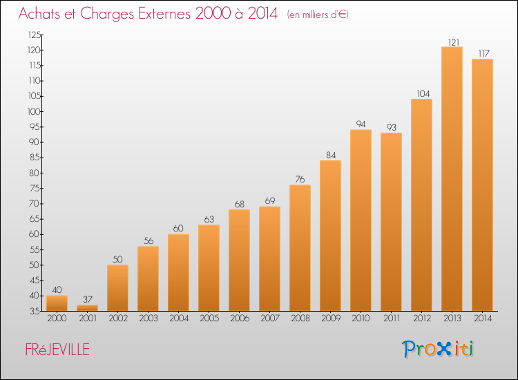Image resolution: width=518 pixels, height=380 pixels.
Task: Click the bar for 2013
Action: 452,179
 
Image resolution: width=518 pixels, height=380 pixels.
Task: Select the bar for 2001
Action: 87,307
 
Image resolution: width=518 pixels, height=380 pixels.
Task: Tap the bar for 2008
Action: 300,248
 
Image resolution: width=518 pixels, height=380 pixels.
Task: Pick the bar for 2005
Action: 209,267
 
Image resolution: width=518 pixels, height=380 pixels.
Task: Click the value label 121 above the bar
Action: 454,42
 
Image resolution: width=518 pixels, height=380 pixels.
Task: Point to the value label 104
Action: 423,93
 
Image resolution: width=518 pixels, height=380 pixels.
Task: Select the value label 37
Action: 88,299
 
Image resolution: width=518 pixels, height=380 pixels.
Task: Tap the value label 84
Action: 331,155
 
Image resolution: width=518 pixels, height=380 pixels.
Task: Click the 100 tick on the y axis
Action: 34,111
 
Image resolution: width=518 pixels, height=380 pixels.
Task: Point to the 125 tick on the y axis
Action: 35,35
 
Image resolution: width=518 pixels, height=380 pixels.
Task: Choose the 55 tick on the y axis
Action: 35,249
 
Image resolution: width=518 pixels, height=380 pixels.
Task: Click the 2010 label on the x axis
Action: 361,318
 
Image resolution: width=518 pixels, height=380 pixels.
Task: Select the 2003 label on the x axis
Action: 148,318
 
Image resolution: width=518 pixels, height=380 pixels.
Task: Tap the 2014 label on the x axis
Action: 483,318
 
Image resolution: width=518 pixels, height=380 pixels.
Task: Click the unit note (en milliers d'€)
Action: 318,15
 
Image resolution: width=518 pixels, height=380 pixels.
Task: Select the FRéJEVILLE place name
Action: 57,350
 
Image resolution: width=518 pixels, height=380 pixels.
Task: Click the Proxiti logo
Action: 438,349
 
